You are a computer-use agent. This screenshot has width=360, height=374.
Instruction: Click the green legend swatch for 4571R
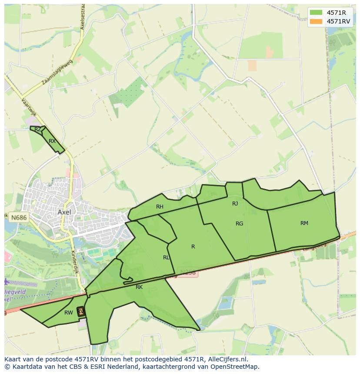(316, 12)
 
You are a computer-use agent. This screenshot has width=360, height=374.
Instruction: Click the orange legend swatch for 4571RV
(316, 21)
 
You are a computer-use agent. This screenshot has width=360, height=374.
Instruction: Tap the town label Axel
(64, 212)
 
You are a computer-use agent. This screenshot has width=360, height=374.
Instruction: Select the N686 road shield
(18, 217)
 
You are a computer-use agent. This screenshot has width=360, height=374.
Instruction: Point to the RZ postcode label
(38, 129)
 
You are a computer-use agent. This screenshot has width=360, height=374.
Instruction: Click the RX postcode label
(52, 141)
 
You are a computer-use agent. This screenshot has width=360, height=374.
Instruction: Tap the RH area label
(160, 207)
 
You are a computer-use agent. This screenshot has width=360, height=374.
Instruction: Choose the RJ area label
(235, 203)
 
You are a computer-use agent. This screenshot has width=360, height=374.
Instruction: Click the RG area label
(239, 224)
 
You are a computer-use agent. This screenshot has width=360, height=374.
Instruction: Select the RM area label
(304, 223)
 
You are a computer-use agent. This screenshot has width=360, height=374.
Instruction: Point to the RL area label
(166, 257)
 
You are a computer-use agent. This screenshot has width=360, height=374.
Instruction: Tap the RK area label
(139, 287)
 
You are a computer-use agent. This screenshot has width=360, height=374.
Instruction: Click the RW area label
(68, 312)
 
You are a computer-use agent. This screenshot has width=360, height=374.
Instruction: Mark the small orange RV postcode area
(80, 311)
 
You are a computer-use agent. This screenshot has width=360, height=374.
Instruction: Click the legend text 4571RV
(338, 21)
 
